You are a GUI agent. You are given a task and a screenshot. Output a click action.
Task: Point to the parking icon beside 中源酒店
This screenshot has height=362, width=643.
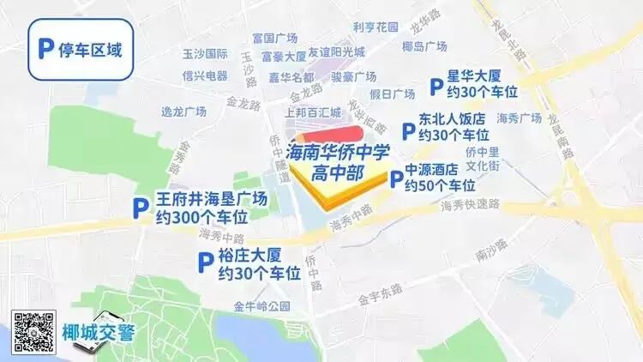click(x=395, y=179)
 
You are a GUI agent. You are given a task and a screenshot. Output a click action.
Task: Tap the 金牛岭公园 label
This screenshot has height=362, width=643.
click(x=257, y=306)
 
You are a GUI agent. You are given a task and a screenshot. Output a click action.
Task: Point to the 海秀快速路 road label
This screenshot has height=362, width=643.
click(x=469, y=206)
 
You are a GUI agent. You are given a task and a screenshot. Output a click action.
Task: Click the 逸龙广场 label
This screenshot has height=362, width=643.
click(x=184, y=112)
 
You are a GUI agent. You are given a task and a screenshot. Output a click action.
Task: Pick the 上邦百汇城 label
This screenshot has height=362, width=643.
click(x=313, y=112)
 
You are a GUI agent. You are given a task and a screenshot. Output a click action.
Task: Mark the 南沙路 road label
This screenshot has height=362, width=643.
click(x=491, y=250)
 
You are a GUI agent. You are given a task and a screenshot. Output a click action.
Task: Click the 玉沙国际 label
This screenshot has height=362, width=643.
click(x=205, y=54)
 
